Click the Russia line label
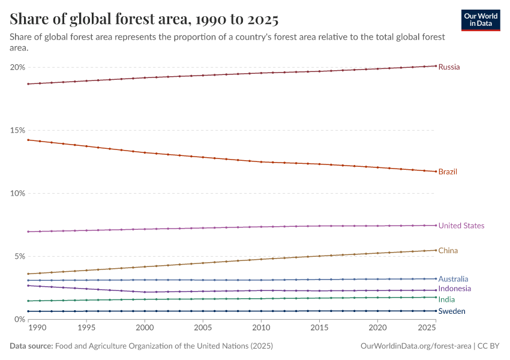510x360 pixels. (449, 67)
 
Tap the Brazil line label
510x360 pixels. (448, 172)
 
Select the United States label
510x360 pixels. (461, 226)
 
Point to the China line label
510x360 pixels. (448, 250)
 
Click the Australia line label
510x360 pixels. (453, 279)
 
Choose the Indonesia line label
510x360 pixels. (454, 289)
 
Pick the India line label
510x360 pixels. (446, 299)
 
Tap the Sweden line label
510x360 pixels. (452, 311)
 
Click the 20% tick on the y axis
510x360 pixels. (17, 67)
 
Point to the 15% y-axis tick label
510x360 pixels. (17, 130)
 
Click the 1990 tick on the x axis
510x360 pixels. (37, 328)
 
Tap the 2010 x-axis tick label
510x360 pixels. (261, 328)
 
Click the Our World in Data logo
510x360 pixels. (481, 20)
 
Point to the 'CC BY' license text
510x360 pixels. (489, 346)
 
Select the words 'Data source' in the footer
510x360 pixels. (31, 346)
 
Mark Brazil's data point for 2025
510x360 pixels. (436, 172)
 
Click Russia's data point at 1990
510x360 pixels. (28, 84)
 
